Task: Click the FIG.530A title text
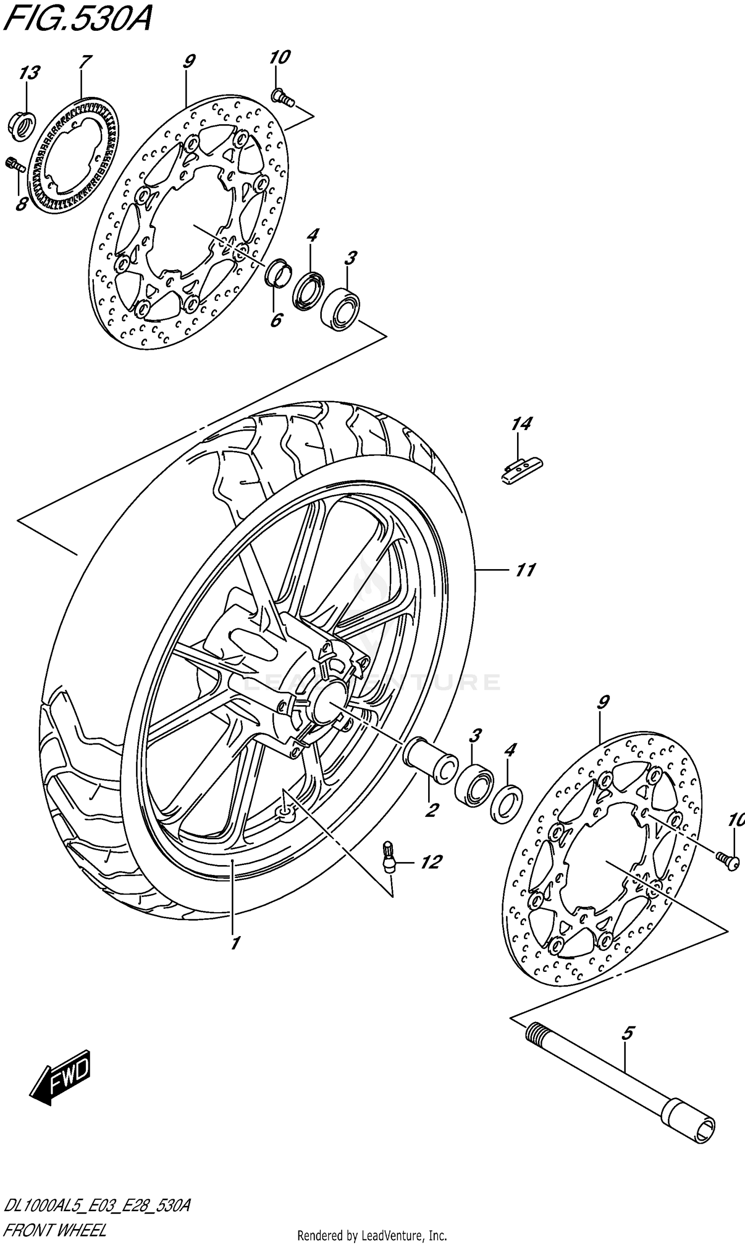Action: coord(76,20)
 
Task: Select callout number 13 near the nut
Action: coord(29,73)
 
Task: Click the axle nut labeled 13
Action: coord(21,124)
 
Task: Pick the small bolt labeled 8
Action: coord(15,164)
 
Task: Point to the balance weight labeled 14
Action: coord(522,469)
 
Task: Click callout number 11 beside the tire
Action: coord(525,570)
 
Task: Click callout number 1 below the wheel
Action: coord(234,943)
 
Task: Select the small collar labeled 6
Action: coord(278,273)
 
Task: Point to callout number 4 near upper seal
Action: coord(312,235)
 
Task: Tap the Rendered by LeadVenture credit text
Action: coord(372,1235)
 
